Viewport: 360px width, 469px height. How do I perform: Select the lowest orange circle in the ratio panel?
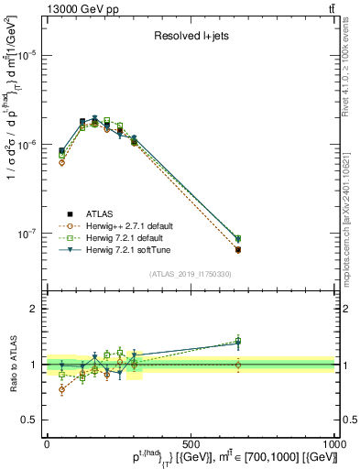(x=61, y=389)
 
